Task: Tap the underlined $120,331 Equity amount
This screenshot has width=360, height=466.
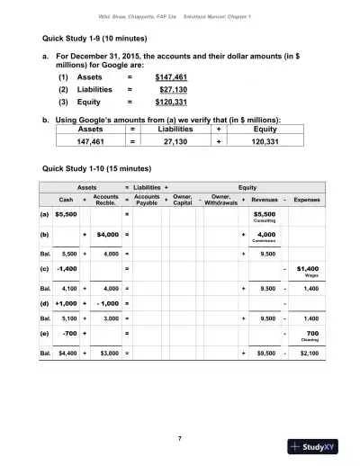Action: pyautogui.click(x=174, y=103)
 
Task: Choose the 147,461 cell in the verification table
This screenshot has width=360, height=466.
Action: pyautogui.click(x=92, y=141)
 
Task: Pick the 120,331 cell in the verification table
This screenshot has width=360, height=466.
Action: pyautogui.click(x=265, y=141)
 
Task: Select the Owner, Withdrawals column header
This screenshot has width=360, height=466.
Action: pyautogui.click(x=219, y=199)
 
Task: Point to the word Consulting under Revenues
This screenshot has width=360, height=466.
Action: pyautogui.click(x=265, y=221)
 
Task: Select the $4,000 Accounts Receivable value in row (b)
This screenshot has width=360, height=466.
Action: pyautogui.click(x=107, y=235)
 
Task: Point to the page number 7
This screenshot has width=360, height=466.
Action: pyautogui.click(x=180, y=437)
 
